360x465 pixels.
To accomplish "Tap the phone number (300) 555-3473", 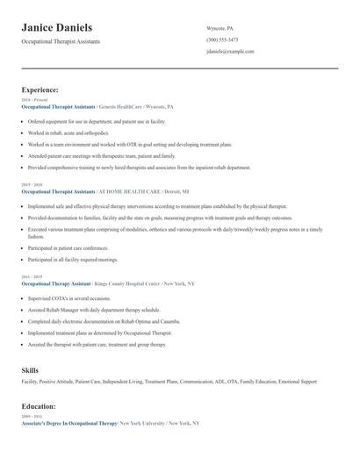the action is pyautogui.click(x=222, y=39).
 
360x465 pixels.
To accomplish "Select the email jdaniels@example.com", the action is pyautogui.click(x=230, y=52).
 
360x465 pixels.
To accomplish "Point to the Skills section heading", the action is pyautogui.click(x=30, y=371).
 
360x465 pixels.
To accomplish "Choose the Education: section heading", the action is pyautogui.click(x=39, y=407).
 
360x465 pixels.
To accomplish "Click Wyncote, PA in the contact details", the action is pyautogui.click(x=221, y=28).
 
